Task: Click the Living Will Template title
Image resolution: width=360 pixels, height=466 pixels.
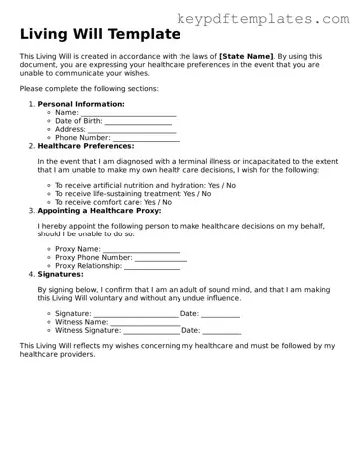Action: pos(88,35)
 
